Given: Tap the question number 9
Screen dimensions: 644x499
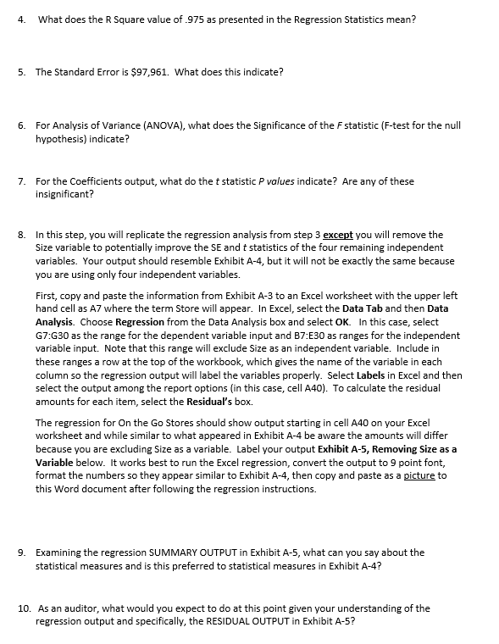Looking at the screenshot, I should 21,552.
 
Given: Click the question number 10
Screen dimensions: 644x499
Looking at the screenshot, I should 23,608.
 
